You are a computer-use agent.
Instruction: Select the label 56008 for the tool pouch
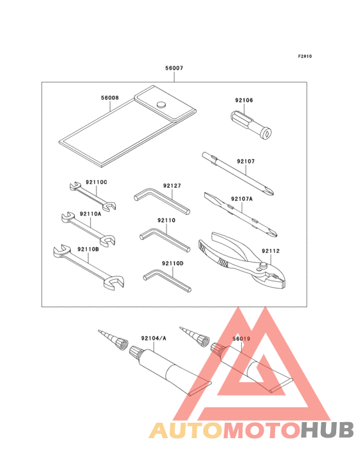109,98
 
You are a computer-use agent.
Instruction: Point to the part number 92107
246,162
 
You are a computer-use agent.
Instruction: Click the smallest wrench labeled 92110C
93,195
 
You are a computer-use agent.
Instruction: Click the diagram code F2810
305,57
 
